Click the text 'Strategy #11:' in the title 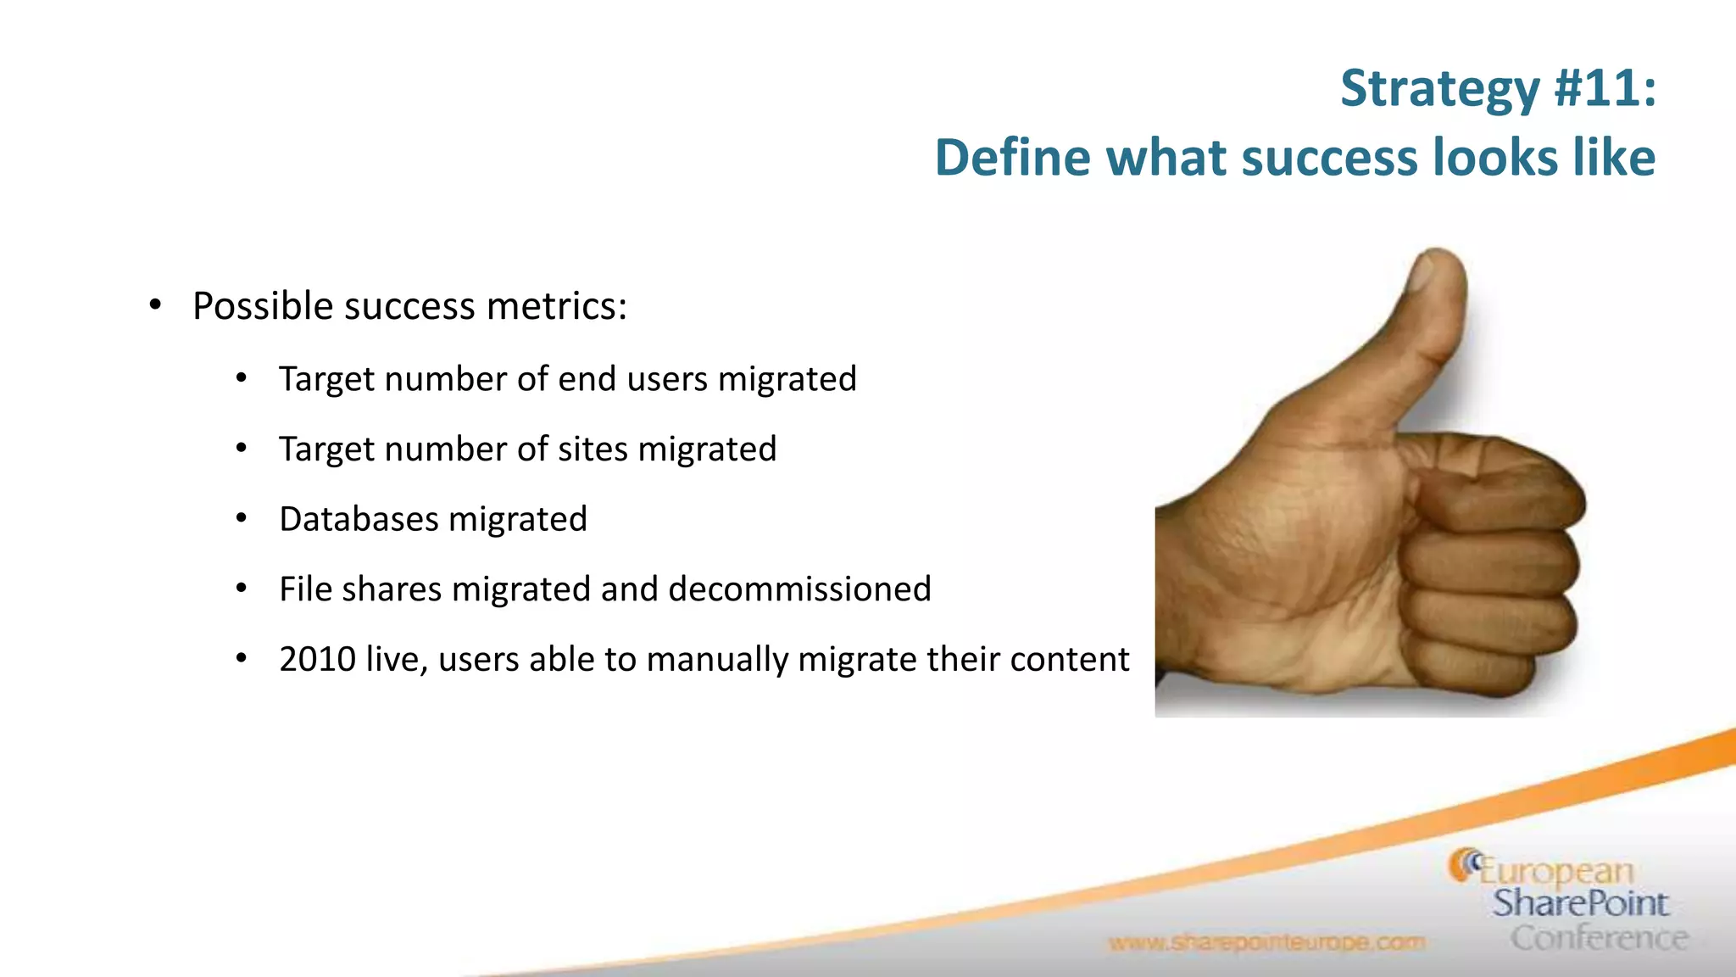pyautogui.click(x=1498, y=88)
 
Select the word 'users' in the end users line pyautogui.click(x=667, y=379)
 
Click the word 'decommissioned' pyautogui.click(x=799, y=589)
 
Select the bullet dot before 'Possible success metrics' pyautogui.click(x=154, y=305)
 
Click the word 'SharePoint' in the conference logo pyautogui.click(x=1580, y=903)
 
